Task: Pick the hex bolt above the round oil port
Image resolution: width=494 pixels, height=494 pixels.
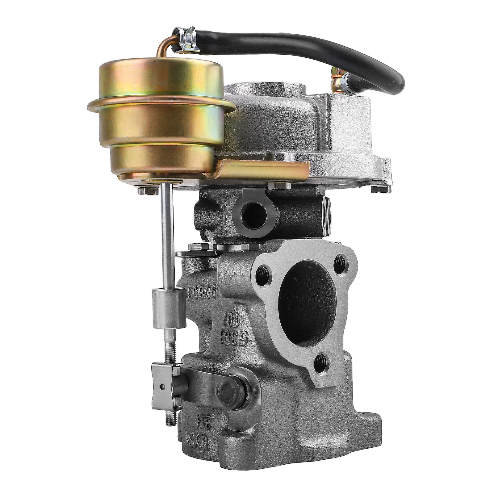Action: [x=279, y=185]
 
